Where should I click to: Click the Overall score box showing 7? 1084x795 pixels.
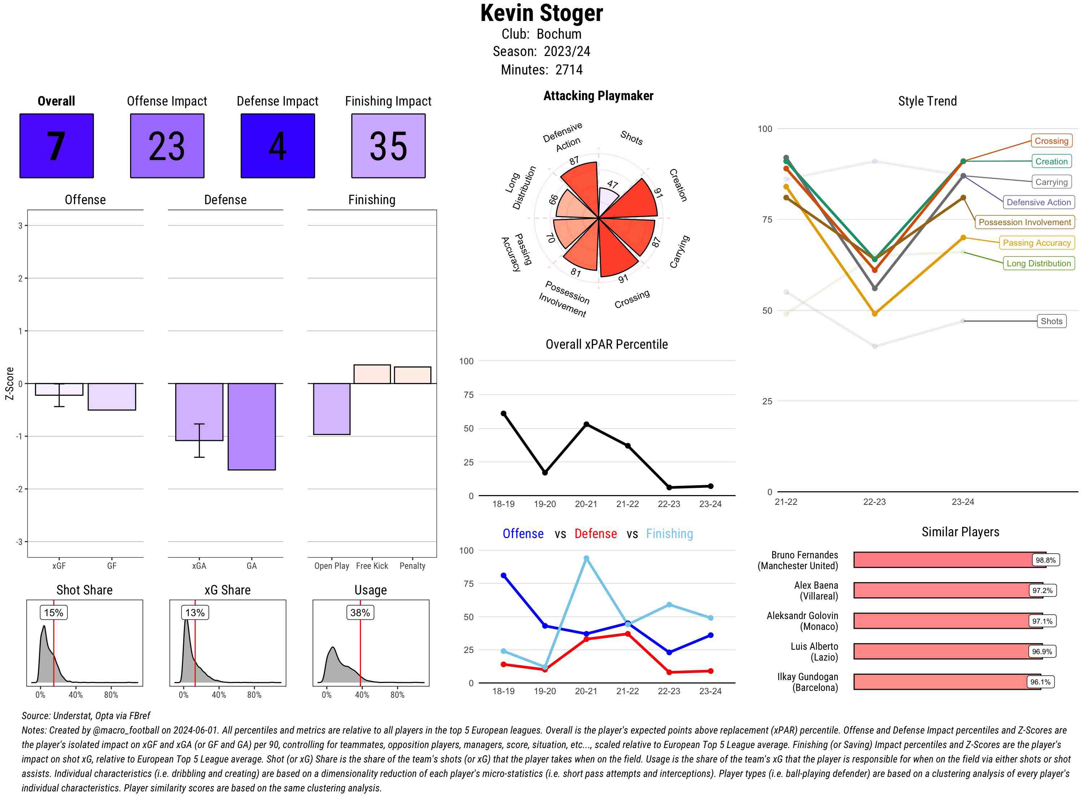coord(56,146)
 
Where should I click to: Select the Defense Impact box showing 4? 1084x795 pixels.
coord(278,146)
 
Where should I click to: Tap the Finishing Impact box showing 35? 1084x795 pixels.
coord(388,146)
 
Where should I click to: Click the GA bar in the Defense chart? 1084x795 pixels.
coord(251,426)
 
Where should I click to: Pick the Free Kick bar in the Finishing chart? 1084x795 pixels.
coord(372,374)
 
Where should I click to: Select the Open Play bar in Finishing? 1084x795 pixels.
coord(331,409)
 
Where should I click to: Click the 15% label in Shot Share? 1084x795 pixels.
coord(53,613)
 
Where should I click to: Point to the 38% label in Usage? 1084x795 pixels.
coord(360,613)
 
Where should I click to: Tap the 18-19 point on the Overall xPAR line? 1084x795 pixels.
coord(503,413)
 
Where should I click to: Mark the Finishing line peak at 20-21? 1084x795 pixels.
coord(586,558)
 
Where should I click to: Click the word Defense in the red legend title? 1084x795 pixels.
coord(595,534)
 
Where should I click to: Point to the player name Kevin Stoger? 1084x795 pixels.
coord(541,13)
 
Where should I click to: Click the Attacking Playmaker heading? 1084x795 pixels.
coord(598,96)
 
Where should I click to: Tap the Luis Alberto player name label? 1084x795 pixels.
coord(814,652)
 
